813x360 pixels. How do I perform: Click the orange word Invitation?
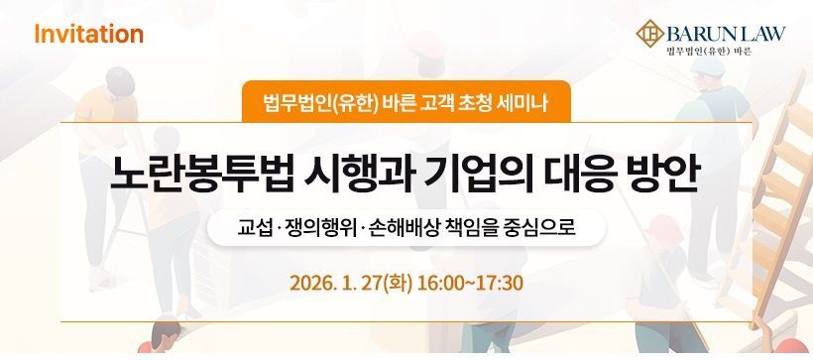pyautogui.click(x=88, y=35)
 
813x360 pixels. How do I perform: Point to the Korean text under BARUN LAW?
pyautogui.click(x=709, y=51)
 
